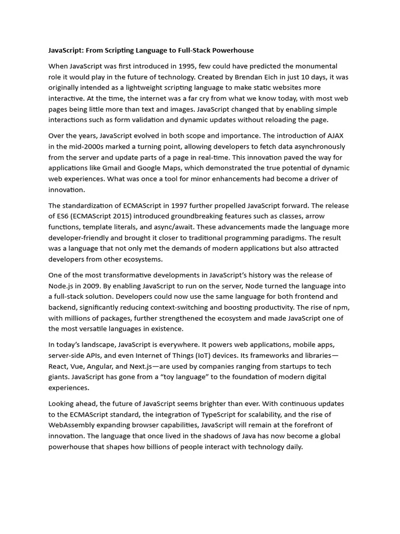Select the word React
click(x=59, y=366)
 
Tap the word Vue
click(x=82, y=366)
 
